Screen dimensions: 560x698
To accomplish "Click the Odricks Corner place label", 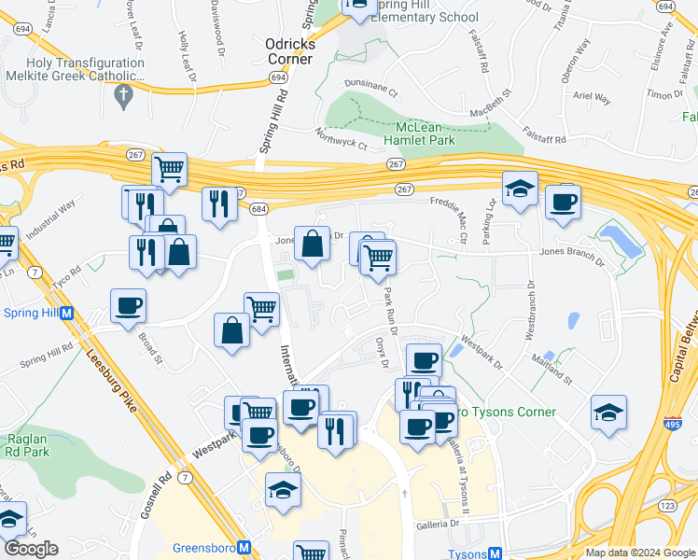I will coord(290,50).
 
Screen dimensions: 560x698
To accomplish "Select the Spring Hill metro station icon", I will coord(67,313).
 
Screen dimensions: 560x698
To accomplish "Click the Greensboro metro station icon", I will coord(244,548).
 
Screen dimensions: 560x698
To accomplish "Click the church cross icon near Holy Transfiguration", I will coord(123,94).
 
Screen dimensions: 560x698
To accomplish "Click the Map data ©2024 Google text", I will coord(640,553).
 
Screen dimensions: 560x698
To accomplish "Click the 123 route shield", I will coord(670,505).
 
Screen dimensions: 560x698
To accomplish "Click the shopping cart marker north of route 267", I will coord(170,170).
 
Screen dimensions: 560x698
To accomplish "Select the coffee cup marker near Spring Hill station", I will coord(129,305).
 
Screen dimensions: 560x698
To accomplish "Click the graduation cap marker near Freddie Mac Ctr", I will coord(520,189).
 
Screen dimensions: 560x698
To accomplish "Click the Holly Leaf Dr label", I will coord(183,52).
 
